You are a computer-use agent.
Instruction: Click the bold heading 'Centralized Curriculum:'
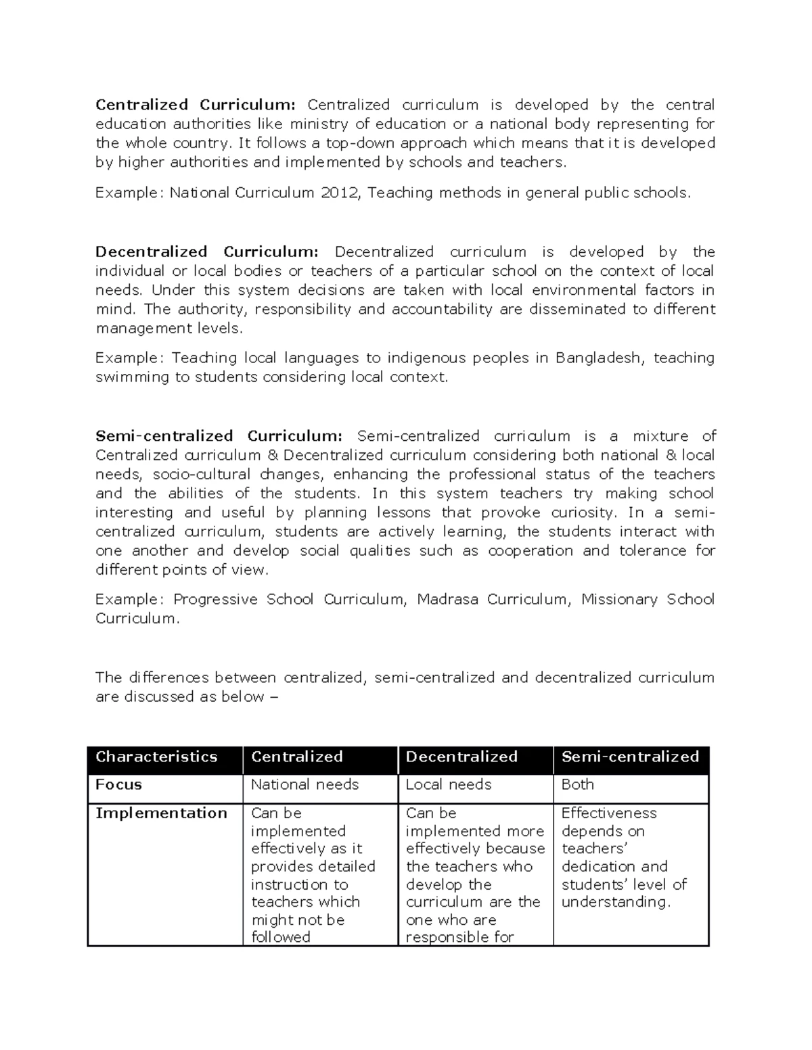tap(195, 105)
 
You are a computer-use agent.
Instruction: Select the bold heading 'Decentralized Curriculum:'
tap(206, 252)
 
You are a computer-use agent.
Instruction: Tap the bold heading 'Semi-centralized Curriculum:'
tap(219, 436)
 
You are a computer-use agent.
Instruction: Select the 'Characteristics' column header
tap(156, 757)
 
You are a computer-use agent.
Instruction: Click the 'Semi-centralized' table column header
tap(630, 757)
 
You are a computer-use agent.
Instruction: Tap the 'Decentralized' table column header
tap(461, 757)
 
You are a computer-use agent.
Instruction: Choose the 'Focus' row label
tap(119, 784)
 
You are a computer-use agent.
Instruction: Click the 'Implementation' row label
tap(161, 813)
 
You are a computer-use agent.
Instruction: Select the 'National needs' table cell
tap(304, 784)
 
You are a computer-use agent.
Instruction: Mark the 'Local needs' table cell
tap(448, 784)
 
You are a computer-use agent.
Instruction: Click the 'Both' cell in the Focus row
tap(577, 784)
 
